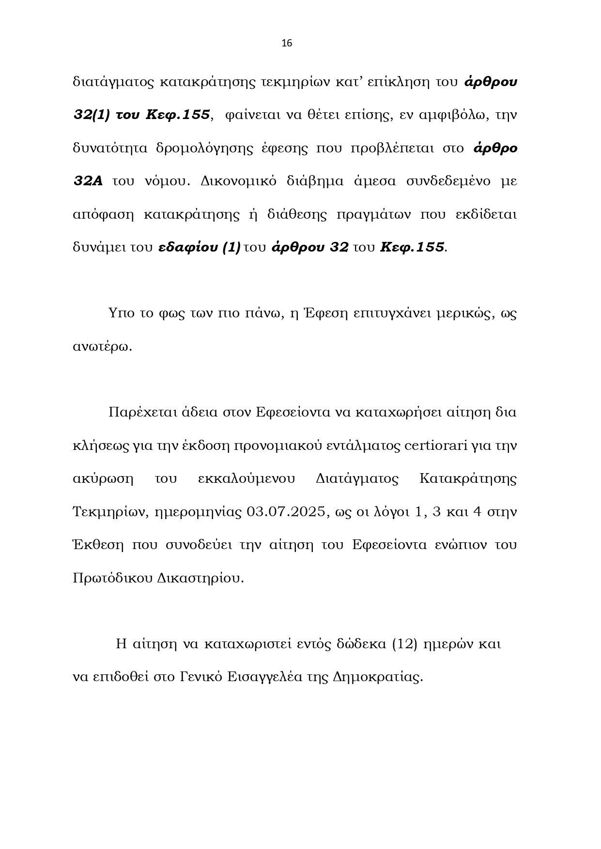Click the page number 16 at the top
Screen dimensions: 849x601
click(x=287, y=44)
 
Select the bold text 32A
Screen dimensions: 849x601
click(x=88, y=181)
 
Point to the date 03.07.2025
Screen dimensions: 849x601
click(x=285, y=512)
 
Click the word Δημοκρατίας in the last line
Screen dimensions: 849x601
click(x=378, y=677)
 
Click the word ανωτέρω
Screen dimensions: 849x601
click(x=102, y=347)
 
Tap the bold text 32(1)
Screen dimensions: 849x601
click(x=92, y=115)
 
